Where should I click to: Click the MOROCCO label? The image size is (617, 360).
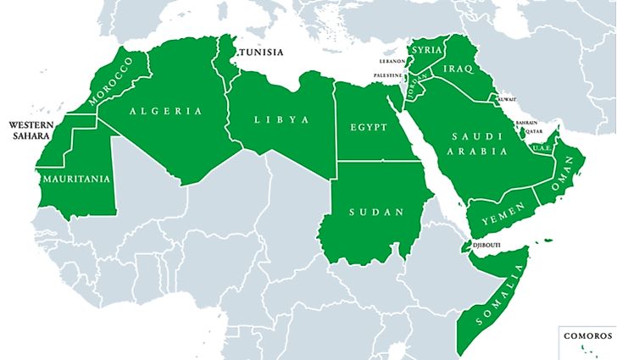coord(110,82)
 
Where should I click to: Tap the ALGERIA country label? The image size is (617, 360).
coord(166,111)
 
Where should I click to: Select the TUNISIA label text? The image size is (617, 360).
coord(262,53)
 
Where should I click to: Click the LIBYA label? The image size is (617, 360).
coord(281,119)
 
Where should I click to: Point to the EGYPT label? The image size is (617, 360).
coord(368,128)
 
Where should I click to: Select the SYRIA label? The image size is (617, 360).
coord(426,50)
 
